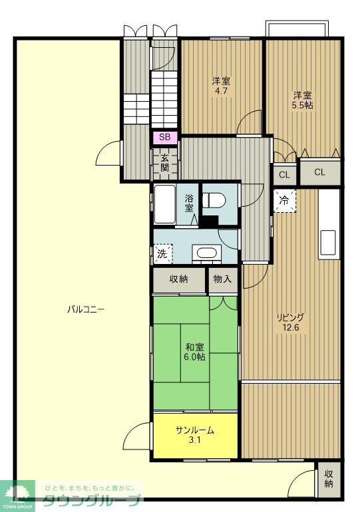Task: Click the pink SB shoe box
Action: [x=164, y=138]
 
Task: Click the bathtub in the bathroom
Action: [x=164, y=205]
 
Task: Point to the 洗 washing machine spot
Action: [x=162, y=253]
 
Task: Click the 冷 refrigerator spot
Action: [x=284, y=199]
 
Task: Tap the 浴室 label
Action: [x=190, y=203]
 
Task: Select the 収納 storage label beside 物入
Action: [x=179, y=279]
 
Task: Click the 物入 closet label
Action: [x=223, y=279]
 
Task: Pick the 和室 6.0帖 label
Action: [x=194, y=351]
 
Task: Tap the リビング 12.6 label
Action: [x=290, y=322]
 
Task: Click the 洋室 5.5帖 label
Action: [x=302, y=100]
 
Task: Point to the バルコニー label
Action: [x=86, y=309]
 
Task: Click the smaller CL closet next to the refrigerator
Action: [x=284, y=175]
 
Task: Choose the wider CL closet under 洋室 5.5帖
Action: [x=319, y=172]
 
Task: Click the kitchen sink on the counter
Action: [x=328, y=240]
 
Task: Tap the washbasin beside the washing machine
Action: [x=204, y=253]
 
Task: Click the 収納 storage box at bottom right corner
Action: [x=329, y=478]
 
